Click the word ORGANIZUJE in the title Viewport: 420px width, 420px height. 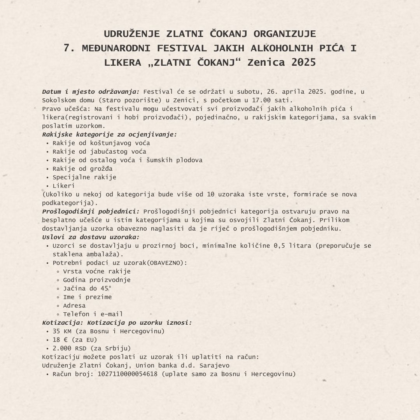tap(285, 34)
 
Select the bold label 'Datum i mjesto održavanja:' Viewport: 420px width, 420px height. tap(91, 92)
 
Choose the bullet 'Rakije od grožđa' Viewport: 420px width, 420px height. tap(82, 169)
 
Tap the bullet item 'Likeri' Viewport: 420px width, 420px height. tap(64, 186)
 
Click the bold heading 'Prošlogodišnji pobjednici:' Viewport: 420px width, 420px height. tap(91, 212)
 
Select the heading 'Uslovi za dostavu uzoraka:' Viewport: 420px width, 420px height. tap(91, 237)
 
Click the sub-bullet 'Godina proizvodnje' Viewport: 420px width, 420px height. tap(97, 280)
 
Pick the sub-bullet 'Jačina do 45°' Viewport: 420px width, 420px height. tap(87, 289)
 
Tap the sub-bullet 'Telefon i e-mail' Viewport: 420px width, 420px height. tap(93, 314)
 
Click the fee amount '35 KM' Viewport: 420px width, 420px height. tap(62, 331)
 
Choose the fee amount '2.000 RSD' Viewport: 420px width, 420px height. tap(70, 348)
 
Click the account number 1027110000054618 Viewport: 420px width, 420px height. tap(128, 374)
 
